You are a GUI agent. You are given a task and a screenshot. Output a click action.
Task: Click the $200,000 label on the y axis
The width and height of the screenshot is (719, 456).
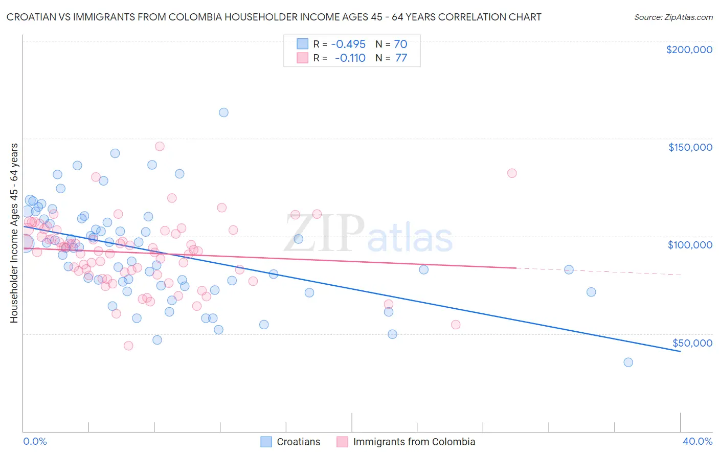click(689, 50)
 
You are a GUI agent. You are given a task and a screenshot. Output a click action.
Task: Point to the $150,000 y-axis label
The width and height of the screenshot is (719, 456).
click(690, 147)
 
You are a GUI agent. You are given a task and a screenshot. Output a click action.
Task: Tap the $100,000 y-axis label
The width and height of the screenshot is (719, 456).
click(690, 245)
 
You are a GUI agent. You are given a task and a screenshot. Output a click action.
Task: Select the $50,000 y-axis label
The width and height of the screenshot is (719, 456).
click(692, 343)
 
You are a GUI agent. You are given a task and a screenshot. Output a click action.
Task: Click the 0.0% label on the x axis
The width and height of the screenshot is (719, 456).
click(35, 441)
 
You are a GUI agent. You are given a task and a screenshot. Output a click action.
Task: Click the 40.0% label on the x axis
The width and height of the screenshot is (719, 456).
click(698, 441)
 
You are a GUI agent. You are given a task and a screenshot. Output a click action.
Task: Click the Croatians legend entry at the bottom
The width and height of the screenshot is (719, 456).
click(298, 442)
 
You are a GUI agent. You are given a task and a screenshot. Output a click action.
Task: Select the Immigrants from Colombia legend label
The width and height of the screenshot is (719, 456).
click(414, 442)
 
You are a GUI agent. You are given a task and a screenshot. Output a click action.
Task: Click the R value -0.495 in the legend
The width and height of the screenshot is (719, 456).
click(348, 44)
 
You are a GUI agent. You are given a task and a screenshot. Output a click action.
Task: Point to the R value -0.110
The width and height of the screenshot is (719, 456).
click(350, 58)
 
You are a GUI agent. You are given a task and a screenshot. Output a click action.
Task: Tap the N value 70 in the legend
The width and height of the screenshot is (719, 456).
click(400, 44)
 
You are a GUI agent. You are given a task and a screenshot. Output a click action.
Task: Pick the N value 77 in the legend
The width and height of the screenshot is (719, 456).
click(401, 58)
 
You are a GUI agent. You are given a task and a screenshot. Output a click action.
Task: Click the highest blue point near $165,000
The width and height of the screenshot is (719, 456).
click(223, 112)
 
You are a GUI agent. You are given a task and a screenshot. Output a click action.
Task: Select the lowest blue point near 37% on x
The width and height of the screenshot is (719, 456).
click(628, 362)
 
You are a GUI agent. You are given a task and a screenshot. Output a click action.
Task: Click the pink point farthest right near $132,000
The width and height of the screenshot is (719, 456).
click(512, 173)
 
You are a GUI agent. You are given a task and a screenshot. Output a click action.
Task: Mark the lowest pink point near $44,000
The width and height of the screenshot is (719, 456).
click(128, 346)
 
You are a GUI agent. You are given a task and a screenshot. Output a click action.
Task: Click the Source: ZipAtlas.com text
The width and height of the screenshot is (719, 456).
click(673, 17)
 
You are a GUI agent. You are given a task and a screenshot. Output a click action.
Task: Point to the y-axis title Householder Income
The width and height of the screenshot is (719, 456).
click(14, 233)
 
